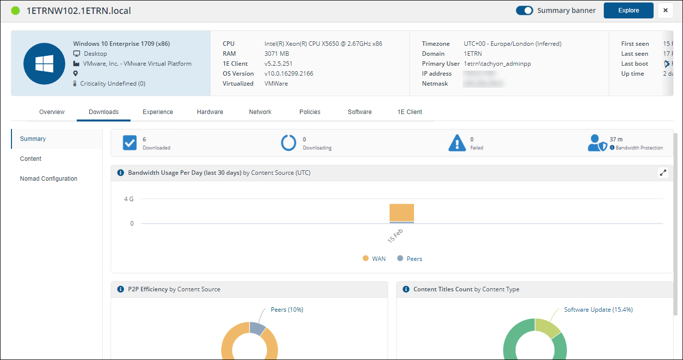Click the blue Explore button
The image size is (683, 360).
628,10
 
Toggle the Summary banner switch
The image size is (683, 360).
525,10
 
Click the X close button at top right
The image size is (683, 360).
666,10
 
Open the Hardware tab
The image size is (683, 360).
210,112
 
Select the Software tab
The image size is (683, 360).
360,112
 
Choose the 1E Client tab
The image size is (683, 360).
410,112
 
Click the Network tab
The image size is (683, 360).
260,112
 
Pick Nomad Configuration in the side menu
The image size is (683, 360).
48,179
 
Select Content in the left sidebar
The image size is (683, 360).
30,159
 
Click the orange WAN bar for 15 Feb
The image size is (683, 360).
402,212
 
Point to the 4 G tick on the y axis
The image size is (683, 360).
129,199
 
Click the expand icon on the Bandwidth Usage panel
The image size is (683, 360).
663,173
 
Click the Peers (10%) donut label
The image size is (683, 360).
287,310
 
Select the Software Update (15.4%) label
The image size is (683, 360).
598,310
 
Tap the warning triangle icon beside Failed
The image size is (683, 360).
457,143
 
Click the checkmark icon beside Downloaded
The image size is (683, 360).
130,143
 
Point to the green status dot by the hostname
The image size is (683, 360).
15,10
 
